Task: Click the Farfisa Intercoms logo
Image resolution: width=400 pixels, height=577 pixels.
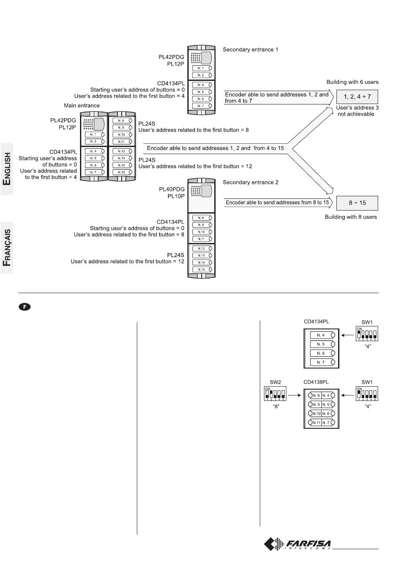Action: [297, 544]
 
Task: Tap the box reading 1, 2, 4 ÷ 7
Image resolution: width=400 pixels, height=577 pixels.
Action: [357, 96]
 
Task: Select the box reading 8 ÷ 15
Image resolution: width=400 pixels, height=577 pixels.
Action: [357, 203]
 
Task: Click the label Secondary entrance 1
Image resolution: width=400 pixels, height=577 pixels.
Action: [250, 50]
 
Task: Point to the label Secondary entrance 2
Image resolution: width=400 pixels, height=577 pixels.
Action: [250, 182]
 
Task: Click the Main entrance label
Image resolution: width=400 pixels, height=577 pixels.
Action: [82, 106]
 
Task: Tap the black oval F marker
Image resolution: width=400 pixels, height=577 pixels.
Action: [25, 307]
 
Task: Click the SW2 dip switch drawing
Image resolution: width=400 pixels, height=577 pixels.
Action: [275, 394]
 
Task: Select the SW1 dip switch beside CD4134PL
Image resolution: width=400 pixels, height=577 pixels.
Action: [367, 334]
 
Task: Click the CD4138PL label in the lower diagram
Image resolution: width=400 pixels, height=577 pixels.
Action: [316, 382]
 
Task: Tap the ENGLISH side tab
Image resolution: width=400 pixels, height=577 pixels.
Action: [7, 169]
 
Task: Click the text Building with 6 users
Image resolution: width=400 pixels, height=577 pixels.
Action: [352, 82]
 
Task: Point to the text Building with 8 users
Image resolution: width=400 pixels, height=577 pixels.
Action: [351, 217]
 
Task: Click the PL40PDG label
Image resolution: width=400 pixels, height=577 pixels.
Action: [172, 190]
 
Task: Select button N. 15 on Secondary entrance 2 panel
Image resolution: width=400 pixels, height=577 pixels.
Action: [202, 270]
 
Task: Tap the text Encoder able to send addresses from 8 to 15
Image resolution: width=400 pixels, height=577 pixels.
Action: [277, 203]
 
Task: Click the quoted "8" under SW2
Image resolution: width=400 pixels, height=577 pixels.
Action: [276, 406]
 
